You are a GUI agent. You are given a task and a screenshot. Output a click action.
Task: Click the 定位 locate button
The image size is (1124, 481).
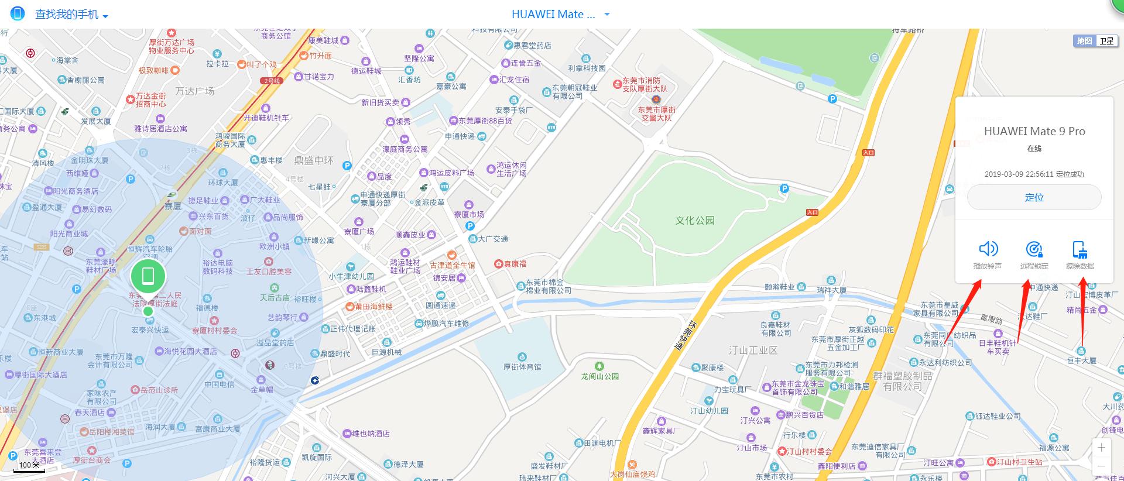pyautogui.click(x=1034, y=198)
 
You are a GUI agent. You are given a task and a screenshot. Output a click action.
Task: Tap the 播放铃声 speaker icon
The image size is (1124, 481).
pyautogui.click(x=988, y=249)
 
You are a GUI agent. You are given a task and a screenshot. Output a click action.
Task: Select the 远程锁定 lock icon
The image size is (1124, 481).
pyautogui.click(x=1034, y=250)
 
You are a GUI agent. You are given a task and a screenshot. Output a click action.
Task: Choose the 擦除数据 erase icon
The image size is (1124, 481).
pyautogui.click(x=1080, y=250)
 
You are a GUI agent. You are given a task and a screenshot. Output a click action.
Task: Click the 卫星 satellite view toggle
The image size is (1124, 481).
pyautogui.click(x=1106, y=41)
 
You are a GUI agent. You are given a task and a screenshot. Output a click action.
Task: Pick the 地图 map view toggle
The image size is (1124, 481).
pyautogui.click(x=1085, y=41)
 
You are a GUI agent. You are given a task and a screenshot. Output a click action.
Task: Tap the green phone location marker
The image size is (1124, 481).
pyautogui.click(x=148, y=276)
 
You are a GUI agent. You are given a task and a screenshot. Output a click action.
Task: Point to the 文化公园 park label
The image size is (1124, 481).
pyautogui.click(x=695, y=221)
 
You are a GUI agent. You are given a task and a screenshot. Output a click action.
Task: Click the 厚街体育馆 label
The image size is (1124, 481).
pyautogui.click(x=522, y=367)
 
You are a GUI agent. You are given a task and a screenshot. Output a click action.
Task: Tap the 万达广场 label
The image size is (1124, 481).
pyautogui.click(x=195, y=91)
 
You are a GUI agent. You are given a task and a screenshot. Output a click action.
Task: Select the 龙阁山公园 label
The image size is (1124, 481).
pyautogui.click(x=599, y=376)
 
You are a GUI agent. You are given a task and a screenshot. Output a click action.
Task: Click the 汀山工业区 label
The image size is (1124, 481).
pyautogui.click(x=753, y=351)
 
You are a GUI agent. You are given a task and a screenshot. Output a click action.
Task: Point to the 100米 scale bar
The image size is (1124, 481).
pyautogui.click(x=29, y=466)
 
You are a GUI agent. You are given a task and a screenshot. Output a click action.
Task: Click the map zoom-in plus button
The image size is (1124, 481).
pyautogui.click(x=1101, y=448)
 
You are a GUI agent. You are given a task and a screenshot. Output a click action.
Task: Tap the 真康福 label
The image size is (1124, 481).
pyautogui.click(x=515, y=264)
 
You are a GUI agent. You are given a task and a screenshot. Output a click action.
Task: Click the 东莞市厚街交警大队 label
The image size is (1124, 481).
pyautogui.click(x=656, y=114)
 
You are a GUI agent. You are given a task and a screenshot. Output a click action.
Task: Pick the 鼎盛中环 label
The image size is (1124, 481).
pyautogui.click(x=313, y=160)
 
